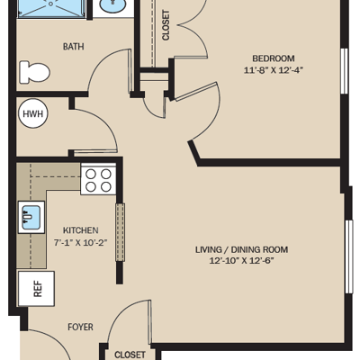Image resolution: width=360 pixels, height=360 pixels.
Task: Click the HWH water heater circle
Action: click(x=32, y=114)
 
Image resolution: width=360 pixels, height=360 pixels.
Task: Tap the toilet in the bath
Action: click(x=34, y=72)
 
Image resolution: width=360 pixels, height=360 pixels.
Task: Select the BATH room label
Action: click(x=73, y=47)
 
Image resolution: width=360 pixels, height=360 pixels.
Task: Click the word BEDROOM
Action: click(x=274, y=58)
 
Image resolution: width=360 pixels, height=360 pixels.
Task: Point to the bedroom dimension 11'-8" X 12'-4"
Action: click(x=274, y=70)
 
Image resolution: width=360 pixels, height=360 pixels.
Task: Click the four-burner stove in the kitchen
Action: click(x=98, y=179)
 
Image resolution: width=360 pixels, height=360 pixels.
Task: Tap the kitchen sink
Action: click(x=31, y=217)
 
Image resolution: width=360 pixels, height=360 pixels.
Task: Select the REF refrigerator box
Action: click(x=36, y=289)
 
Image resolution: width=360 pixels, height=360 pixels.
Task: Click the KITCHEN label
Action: click(x=80, y=230)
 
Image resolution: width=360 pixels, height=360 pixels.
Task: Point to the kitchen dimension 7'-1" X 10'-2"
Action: click(x=80, y=242)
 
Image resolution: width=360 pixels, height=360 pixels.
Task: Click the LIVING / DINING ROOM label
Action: click(x=242, y=249)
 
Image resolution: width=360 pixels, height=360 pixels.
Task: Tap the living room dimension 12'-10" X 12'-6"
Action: click(x=242, y=261)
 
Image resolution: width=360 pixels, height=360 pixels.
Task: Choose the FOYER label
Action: click(x=80, y=327)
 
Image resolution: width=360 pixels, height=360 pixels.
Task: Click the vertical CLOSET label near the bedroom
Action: click(x=166, y=25)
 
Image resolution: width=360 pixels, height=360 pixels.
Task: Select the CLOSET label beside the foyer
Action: click(x=130, y=355)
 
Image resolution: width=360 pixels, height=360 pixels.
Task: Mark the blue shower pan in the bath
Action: click(x=51, y=7)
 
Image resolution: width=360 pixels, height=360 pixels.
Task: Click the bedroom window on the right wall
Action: click(x=345, y=71)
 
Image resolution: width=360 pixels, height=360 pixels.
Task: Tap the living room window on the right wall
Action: click(x=348, y=256)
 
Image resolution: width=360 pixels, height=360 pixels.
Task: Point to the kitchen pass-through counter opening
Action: click(x=121, y=232)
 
